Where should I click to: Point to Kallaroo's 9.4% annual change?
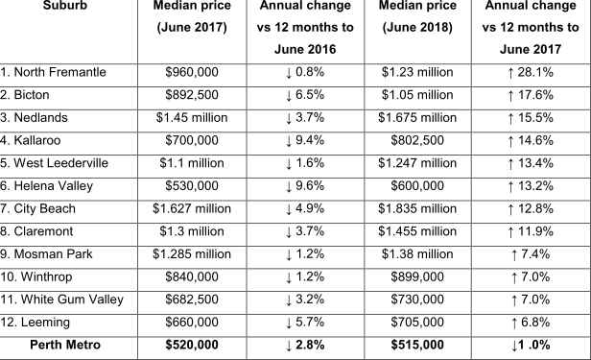[x=305, y=140]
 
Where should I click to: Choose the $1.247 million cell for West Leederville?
[x=417, y=163]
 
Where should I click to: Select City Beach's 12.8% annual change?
[x=531, y=208]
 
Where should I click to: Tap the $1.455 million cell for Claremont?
[x=417, y=231]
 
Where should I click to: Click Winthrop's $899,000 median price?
[x=417, y=277]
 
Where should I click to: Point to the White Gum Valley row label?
[x=62, y=300]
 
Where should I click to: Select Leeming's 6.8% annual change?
[x=531, y=323]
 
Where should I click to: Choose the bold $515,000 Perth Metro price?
[x=417, y=346]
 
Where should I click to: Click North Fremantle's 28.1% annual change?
[x=531, y=71]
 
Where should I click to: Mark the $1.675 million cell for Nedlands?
[x=417, y=117]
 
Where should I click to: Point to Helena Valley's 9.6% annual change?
[x=305, y=185]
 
